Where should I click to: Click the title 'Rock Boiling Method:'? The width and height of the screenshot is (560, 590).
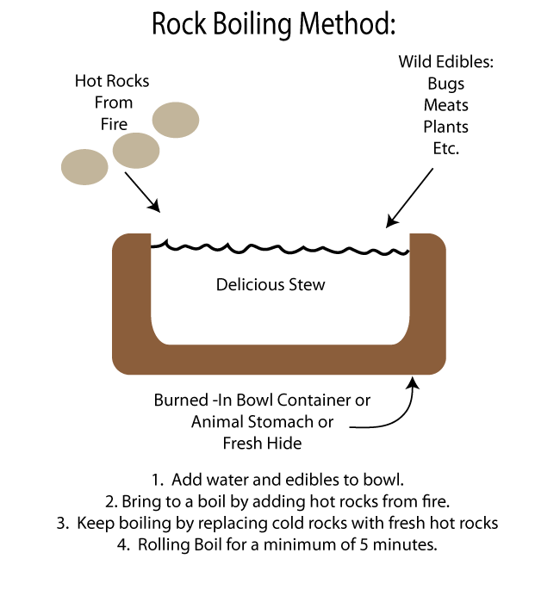coord(273,24)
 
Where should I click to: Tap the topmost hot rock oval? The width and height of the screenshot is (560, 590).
coord(177,120)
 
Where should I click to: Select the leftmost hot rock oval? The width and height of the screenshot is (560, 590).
coord(84,167)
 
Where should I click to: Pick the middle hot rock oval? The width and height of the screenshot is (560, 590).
coord(135,150)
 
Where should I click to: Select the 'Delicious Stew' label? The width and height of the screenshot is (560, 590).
coord(271,284)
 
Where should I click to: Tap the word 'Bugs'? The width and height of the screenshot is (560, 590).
coord(445,84)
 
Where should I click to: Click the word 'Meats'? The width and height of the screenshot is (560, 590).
coord(445,105)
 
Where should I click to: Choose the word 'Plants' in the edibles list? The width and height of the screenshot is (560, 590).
coord(445,127)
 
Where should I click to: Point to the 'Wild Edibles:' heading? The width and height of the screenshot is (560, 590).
coord(445,62)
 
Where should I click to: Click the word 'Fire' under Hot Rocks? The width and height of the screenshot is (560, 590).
coord(114,123)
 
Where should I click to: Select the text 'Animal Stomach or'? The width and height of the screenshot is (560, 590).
coord(262,422)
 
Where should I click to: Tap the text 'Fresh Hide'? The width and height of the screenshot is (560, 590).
coord(262,444)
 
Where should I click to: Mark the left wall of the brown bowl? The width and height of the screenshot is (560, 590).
coord(132,293)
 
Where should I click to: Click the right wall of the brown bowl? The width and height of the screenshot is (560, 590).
coord(427,293)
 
